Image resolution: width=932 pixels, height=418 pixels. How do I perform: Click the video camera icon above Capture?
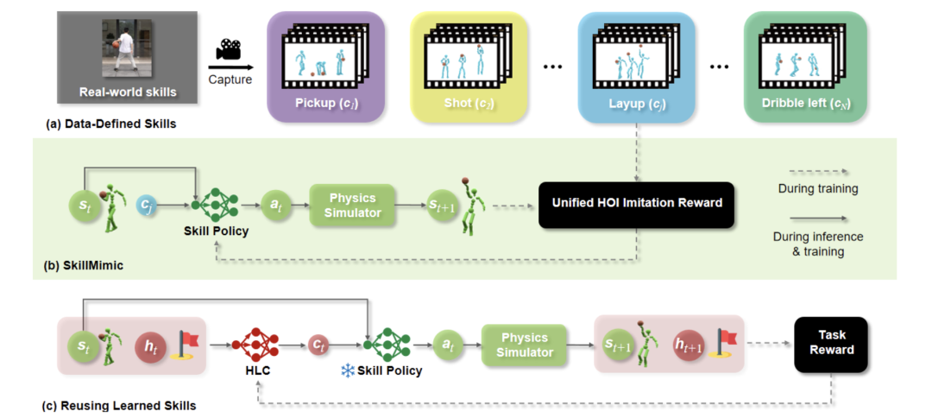click(230, 49)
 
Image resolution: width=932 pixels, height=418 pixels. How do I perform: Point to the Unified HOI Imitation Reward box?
click(636, 205)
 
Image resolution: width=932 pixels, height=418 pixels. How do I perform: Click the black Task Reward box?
click(832, 342)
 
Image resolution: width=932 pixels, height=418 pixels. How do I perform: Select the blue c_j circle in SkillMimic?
click(148, 206)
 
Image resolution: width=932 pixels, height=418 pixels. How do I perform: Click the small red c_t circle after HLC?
click(318, 345)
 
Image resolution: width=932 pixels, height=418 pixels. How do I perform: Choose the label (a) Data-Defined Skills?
click(110, 123)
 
